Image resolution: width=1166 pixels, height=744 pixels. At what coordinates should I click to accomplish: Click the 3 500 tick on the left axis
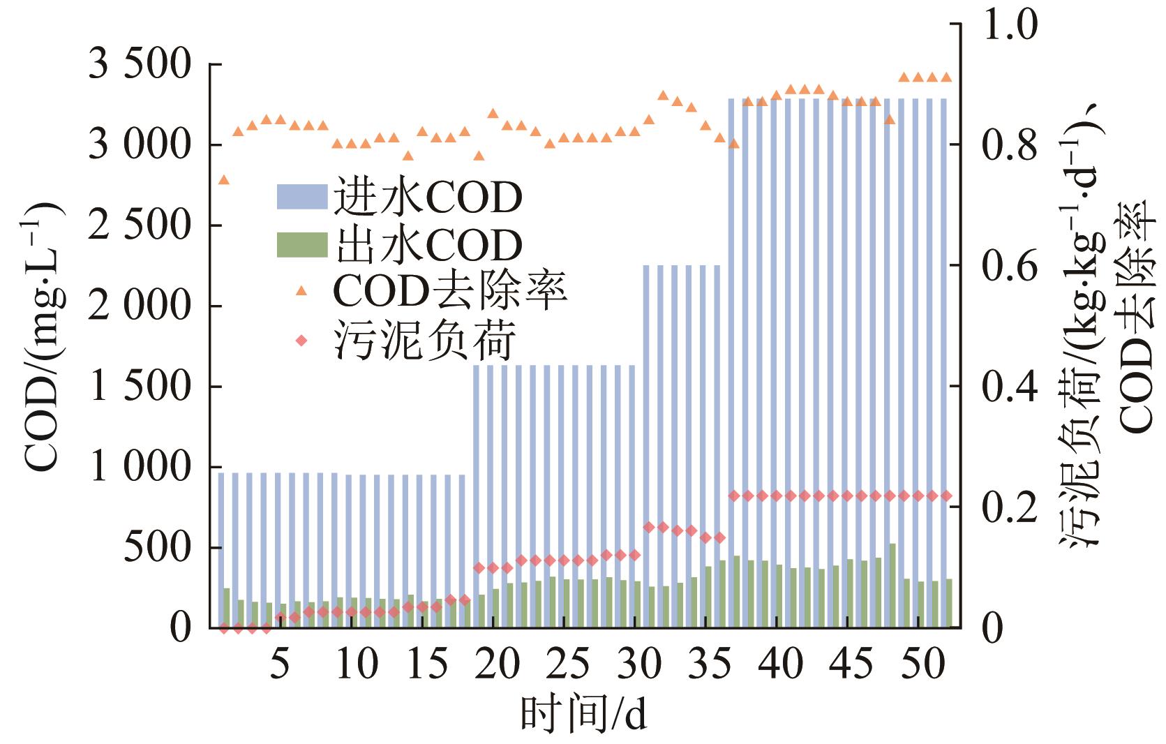140,65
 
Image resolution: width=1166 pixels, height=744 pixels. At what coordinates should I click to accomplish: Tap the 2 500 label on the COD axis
140,225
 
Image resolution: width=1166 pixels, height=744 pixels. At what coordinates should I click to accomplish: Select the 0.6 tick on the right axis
1010,266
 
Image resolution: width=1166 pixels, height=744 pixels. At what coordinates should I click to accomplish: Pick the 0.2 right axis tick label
1010,507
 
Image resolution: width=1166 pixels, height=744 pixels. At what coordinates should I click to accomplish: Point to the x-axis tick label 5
280,664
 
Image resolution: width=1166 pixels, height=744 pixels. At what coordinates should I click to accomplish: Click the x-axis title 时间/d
583,715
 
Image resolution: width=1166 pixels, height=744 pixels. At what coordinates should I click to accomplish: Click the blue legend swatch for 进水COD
301,198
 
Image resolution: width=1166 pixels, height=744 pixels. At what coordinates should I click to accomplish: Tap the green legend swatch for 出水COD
301,245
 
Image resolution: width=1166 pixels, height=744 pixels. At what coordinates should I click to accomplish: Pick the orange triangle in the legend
301,290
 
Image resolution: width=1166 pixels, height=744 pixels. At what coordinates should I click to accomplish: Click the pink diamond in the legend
301,341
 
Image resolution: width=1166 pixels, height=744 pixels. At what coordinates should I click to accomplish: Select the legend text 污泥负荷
426,341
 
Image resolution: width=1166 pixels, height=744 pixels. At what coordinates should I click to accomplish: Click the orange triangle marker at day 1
224,180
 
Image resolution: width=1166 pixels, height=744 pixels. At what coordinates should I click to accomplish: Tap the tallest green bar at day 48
892,585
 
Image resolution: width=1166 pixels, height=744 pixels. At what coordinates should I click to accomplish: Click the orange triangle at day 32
663,96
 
